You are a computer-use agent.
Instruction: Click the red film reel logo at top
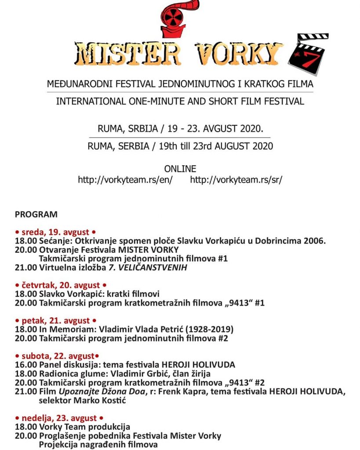178,18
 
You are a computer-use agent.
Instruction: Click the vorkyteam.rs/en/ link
125,180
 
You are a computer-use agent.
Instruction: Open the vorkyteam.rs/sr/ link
236,180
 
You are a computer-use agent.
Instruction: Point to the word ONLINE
180,169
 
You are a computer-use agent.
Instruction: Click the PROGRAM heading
36,214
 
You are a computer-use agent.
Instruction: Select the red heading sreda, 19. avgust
55,232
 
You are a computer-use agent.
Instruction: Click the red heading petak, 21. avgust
55,321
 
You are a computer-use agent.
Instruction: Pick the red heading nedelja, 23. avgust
59,418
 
